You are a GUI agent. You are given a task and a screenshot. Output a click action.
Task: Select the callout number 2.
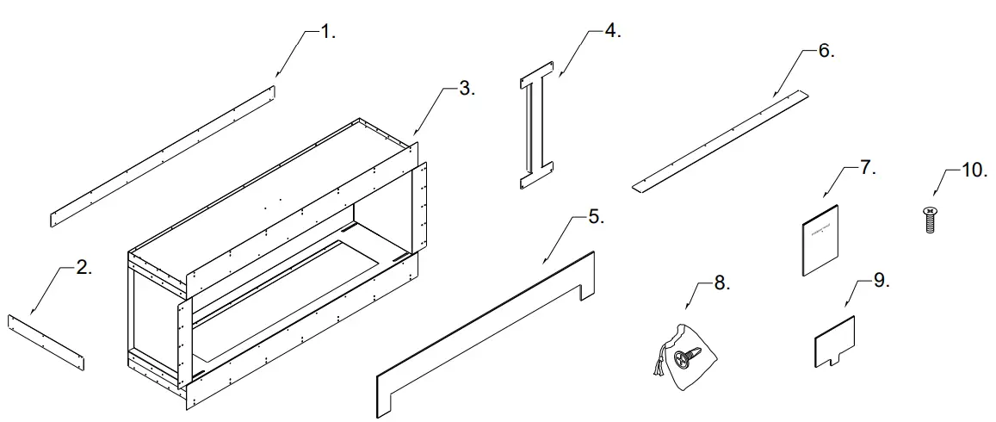pyautogui.click(x=84, y=267)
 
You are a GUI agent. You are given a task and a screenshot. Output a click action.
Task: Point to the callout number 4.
pyautogui.click(x=611, y=31)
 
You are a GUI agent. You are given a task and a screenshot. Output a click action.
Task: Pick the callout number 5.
pyautogui.click(x=596, y=216)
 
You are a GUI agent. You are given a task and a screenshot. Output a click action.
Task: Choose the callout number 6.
pyautogui.click(x=825, y=50)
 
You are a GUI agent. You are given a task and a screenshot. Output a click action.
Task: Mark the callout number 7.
pyautogui.click(x=868, y=167)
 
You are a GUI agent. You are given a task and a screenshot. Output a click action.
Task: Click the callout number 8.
pyautogui.click(x=721, y=282)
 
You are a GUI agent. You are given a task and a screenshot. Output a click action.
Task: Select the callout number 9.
pyautogui.click(x=881, y=280)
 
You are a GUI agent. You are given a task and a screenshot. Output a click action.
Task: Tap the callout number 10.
pyautogui.click(x=974, y=170)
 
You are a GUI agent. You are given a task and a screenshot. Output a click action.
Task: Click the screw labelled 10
pyautogui.click(x=929, y=220)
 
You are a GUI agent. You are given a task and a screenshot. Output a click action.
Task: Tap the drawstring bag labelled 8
pyautogui.click(x=684, y=354)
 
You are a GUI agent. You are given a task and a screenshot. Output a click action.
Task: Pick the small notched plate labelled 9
pyautogui.click(x=834, y=341)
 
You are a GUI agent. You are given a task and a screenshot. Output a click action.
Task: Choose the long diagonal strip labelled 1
pyautogui.click(x=162, y=155)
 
